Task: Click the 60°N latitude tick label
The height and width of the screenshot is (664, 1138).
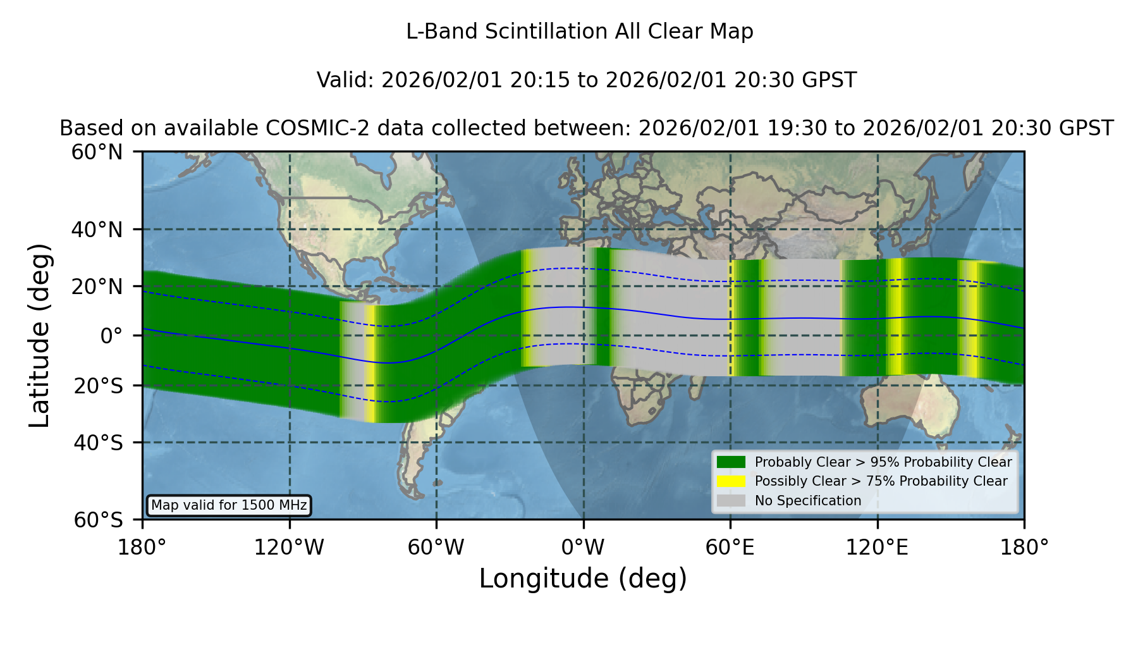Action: (97, 152)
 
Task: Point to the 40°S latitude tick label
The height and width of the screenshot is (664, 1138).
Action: (98, 443)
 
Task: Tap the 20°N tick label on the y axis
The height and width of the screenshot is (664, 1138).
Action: (97, 287)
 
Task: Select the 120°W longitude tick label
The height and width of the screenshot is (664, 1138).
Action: (289, 548)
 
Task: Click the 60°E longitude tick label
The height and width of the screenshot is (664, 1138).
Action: (730, 548)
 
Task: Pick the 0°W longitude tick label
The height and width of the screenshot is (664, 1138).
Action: (583, 548)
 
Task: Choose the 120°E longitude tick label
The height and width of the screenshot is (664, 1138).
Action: (878, 548)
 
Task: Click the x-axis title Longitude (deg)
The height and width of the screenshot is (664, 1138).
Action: (583, 579)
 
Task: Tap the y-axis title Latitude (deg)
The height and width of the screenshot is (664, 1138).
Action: (39, 335)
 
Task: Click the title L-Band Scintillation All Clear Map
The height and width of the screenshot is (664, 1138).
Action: (580, 32)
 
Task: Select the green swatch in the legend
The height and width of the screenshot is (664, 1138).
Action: (731, 462)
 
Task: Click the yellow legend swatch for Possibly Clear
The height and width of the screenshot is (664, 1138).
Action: (731, 481)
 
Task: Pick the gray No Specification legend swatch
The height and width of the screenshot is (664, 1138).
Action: (731, 501)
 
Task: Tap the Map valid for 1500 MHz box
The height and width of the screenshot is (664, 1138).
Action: (229, 505)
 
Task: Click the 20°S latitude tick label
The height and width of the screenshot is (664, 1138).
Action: (98, 386)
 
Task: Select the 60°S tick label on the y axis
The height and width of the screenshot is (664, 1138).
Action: (98, 520)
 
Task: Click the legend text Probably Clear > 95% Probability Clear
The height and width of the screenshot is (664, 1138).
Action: (883, 462)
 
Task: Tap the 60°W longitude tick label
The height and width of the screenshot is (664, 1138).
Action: (436, 548)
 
